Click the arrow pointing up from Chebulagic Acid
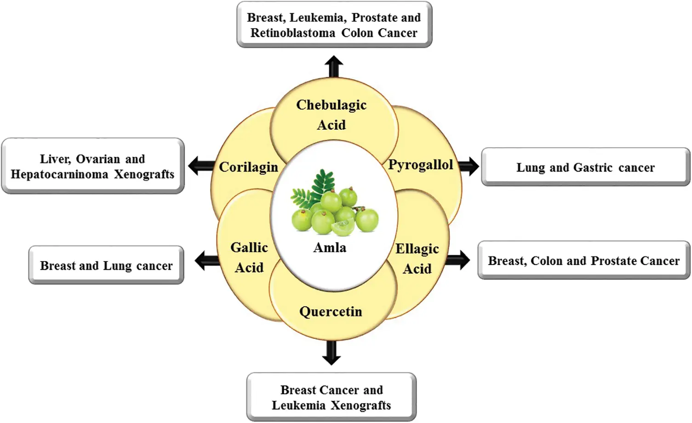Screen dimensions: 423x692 333,67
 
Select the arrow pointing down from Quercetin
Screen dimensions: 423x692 331,353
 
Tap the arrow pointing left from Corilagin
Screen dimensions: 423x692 200,166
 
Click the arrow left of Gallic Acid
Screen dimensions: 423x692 207,261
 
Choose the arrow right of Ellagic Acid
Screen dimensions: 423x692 458,260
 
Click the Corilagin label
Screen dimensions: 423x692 248,167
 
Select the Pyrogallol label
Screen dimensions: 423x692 420,165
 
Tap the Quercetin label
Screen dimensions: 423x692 331,312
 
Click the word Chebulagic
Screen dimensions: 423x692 331,105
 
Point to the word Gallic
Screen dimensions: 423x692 249,248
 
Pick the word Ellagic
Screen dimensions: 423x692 417,249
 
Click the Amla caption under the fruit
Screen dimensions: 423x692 330,248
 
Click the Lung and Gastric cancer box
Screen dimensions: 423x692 585,167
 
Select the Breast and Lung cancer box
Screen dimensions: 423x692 106,266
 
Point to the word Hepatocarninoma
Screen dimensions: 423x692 59,174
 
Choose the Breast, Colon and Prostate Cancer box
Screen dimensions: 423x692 583,261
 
